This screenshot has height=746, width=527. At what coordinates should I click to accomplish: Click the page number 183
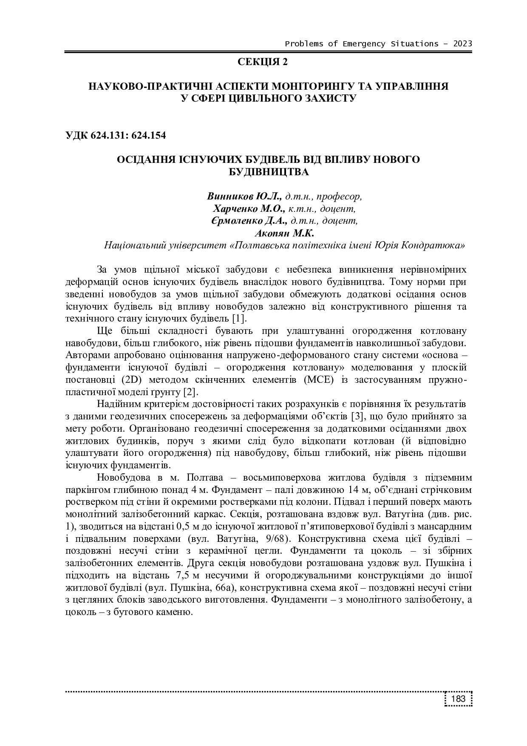coord(459,699)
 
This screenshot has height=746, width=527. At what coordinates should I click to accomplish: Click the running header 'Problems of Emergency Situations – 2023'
coord(378,44)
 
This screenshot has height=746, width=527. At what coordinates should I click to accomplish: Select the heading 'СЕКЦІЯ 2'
coord(263,62)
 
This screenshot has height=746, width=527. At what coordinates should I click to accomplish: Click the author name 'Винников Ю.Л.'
coord(244,196)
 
